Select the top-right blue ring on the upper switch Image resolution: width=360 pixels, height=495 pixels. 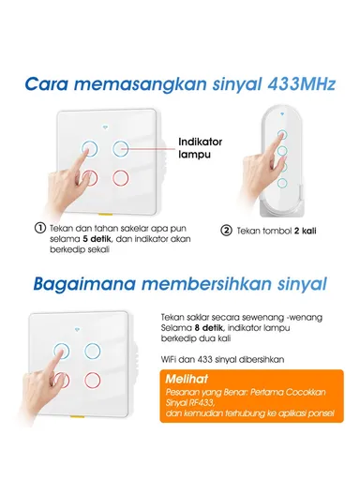click(123, 148)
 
